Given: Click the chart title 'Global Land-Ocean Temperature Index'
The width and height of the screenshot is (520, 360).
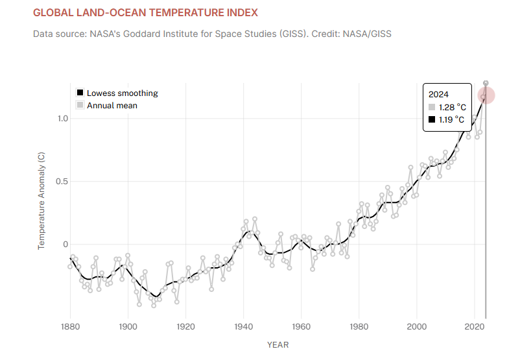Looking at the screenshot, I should pyautogui.click(x=145, y=13).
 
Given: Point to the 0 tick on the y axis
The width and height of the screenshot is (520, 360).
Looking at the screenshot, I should pyautogui.click(x=64, y=245).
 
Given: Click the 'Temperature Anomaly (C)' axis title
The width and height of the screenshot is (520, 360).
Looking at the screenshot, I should pyautogui.click(x=41, y=201).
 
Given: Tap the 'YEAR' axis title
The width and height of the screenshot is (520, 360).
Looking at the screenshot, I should pyautogui.click(x=278, y=344).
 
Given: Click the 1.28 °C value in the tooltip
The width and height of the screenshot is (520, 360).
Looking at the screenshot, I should pyautogui.click(x=452, y=107).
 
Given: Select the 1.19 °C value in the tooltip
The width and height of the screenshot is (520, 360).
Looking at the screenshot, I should pyautogui.click(x=452, y=119).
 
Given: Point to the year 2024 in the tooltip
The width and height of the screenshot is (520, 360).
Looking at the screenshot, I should pyautogui.click(x=439, y=94).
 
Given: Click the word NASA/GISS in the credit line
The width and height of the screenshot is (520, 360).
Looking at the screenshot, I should pyautogui.click(x=369, y=33).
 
